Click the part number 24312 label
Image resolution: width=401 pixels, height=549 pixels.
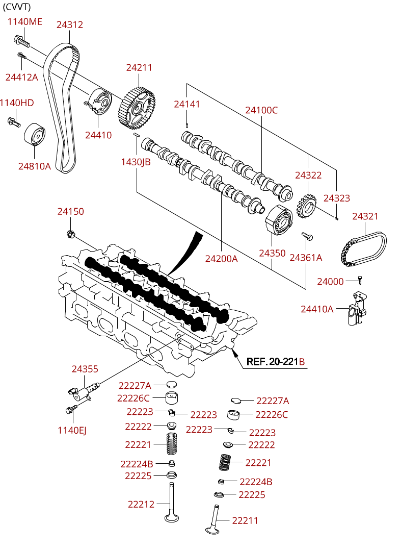coord(70,24)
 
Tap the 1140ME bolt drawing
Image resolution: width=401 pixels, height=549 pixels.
coord(22,41)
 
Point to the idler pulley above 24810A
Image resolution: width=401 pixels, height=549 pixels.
coord(35,133)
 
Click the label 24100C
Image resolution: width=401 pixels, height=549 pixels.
coord(261,110)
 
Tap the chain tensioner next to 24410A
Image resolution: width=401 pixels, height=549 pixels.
coord(357,308)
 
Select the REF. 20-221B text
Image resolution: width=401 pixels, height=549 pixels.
coord(276,361)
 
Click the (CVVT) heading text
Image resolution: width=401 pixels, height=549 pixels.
coord(17,6)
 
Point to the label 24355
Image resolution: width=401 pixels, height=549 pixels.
coord(85,369)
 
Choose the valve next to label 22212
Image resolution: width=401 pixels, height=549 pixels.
coord(172,502)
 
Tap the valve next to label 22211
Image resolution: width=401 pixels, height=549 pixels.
coord(213,519)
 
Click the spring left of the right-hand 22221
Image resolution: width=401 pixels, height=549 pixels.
coord(226,463)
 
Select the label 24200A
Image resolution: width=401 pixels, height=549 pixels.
coord(221,259)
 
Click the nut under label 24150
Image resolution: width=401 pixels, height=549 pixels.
coord(70,234)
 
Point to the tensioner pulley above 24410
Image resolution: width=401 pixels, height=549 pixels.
coord(99,101)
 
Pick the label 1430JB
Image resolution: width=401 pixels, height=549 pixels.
coord(136,162)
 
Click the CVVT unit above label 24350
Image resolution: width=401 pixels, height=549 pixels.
coord(279,220)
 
